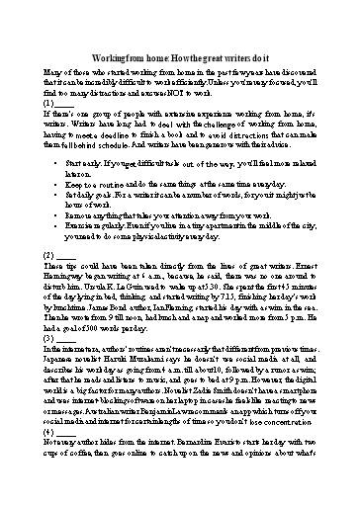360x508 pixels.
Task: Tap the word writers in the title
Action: click(x=227, y=58)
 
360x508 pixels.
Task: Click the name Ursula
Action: click(x=92, y=292)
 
